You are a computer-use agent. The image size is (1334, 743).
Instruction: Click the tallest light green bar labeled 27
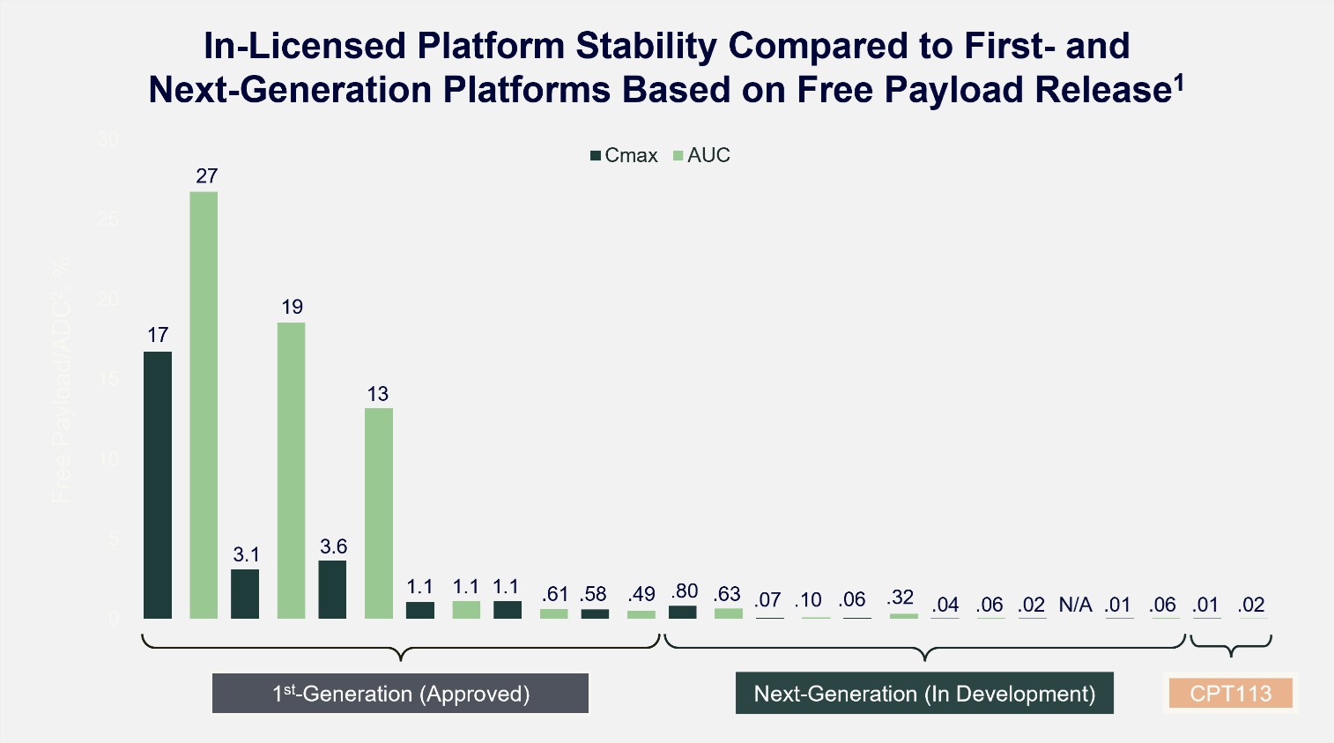point(204,405)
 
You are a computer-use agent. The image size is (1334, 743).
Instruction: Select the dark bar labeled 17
point(158,485)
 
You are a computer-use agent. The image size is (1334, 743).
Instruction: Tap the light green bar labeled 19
point(292,470)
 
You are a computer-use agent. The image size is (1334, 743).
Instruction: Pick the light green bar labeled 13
point(379,513)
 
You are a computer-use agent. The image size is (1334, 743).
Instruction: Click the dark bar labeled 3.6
point(332,589)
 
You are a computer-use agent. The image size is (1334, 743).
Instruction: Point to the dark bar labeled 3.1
point(245,593)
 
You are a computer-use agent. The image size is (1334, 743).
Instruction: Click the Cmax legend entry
point(624,156)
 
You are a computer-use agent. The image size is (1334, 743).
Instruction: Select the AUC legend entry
point(702,156)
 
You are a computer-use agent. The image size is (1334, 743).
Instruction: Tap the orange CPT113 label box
point(1230,694)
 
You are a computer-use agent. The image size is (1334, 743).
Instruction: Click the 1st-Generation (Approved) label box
point(400,694)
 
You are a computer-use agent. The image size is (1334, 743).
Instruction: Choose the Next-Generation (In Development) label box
point(924,694)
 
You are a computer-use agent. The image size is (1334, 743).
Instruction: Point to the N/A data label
point(1075,605)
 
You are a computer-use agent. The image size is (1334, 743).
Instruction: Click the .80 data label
point(684,591)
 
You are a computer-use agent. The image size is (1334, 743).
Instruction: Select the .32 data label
point(900,598)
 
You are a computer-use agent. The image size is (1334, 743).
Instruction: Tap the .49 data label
point(641,595)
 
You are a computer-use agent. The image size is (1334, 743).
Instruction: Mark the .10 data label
point(808,600)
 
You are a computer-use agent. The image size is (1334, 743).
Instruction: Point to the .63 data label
point(727,594)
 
